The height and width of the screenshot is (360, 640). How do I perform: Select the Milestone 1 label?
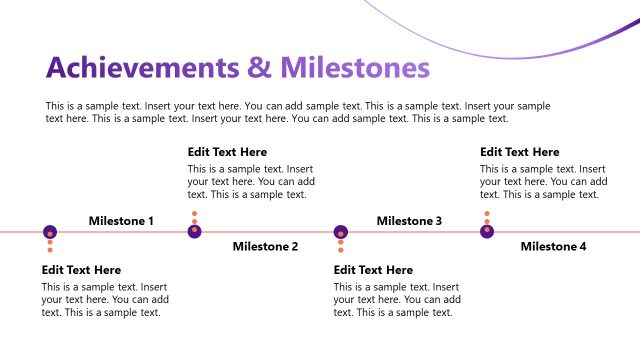point(121,221)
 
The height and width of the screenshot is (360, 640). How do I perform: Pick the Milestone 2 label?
point(265,246)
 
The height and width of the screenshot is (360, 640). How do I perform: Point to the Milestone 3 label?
point(409,221)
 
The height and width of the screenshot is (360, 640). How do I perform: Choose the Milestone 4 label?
point(553,246)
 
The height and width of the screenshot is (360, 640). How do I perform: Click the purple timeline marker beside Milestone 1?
point(49,232)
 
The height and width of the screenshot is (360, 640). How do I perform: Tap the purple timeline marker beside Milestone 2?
point(195,232)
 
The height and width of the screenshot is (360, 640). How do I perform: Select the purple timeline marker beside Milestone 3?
point(341,232)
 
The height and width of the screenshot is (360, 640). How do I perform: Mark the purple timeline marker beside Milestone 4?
point(487,232)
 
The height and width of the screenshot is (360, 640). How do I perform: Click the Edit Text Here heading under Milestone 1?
point(81,270)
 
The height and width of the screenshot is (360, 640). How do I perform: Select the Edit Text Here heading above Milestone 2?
point(227,152)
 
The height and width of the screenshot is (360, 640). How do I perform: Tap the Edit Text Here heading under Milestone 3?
point(373,270)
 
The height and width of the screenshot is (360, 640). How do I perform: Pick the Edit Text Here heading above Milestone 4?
point(519,152)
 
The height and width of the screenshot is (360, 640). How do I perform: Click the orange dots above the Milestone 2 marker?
point(195,218)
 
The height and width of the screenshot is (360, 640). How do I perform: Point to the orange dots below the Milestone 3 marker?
point(341,246)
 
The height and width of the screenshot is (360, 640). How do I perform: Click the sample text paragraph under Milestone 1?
point(105,299)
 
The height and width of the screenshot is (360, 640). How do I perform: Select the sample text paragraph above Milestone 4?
point(543,182)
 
